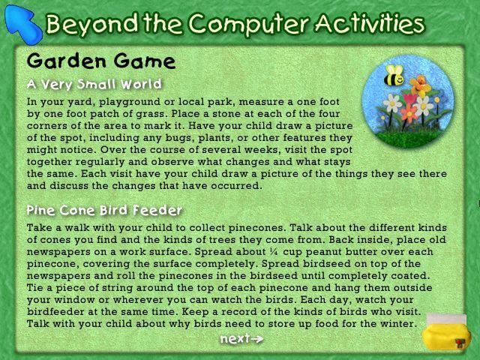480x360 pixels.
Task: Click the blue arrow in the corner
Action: coord(23,25)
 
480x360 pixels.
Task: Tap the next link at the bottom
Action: coord(241,338)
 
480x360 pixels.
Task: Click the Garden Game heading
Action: coord(101,61)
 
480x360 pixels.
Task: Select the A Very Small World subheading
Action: coord(94,84)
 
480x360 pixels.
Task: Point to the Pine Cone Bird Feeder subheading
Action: coord(104,210)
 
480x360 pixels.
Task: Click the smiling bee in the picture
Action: coord(394,75)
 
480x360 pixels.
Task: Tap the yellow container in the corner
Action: coord(445,332)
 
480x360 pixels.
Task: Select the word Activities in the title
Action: coord(370,23)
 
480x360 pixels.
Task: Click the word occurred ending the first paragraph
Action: coord(239,185)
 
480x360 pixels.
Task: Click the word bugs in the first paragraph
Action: coord(178,138)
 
